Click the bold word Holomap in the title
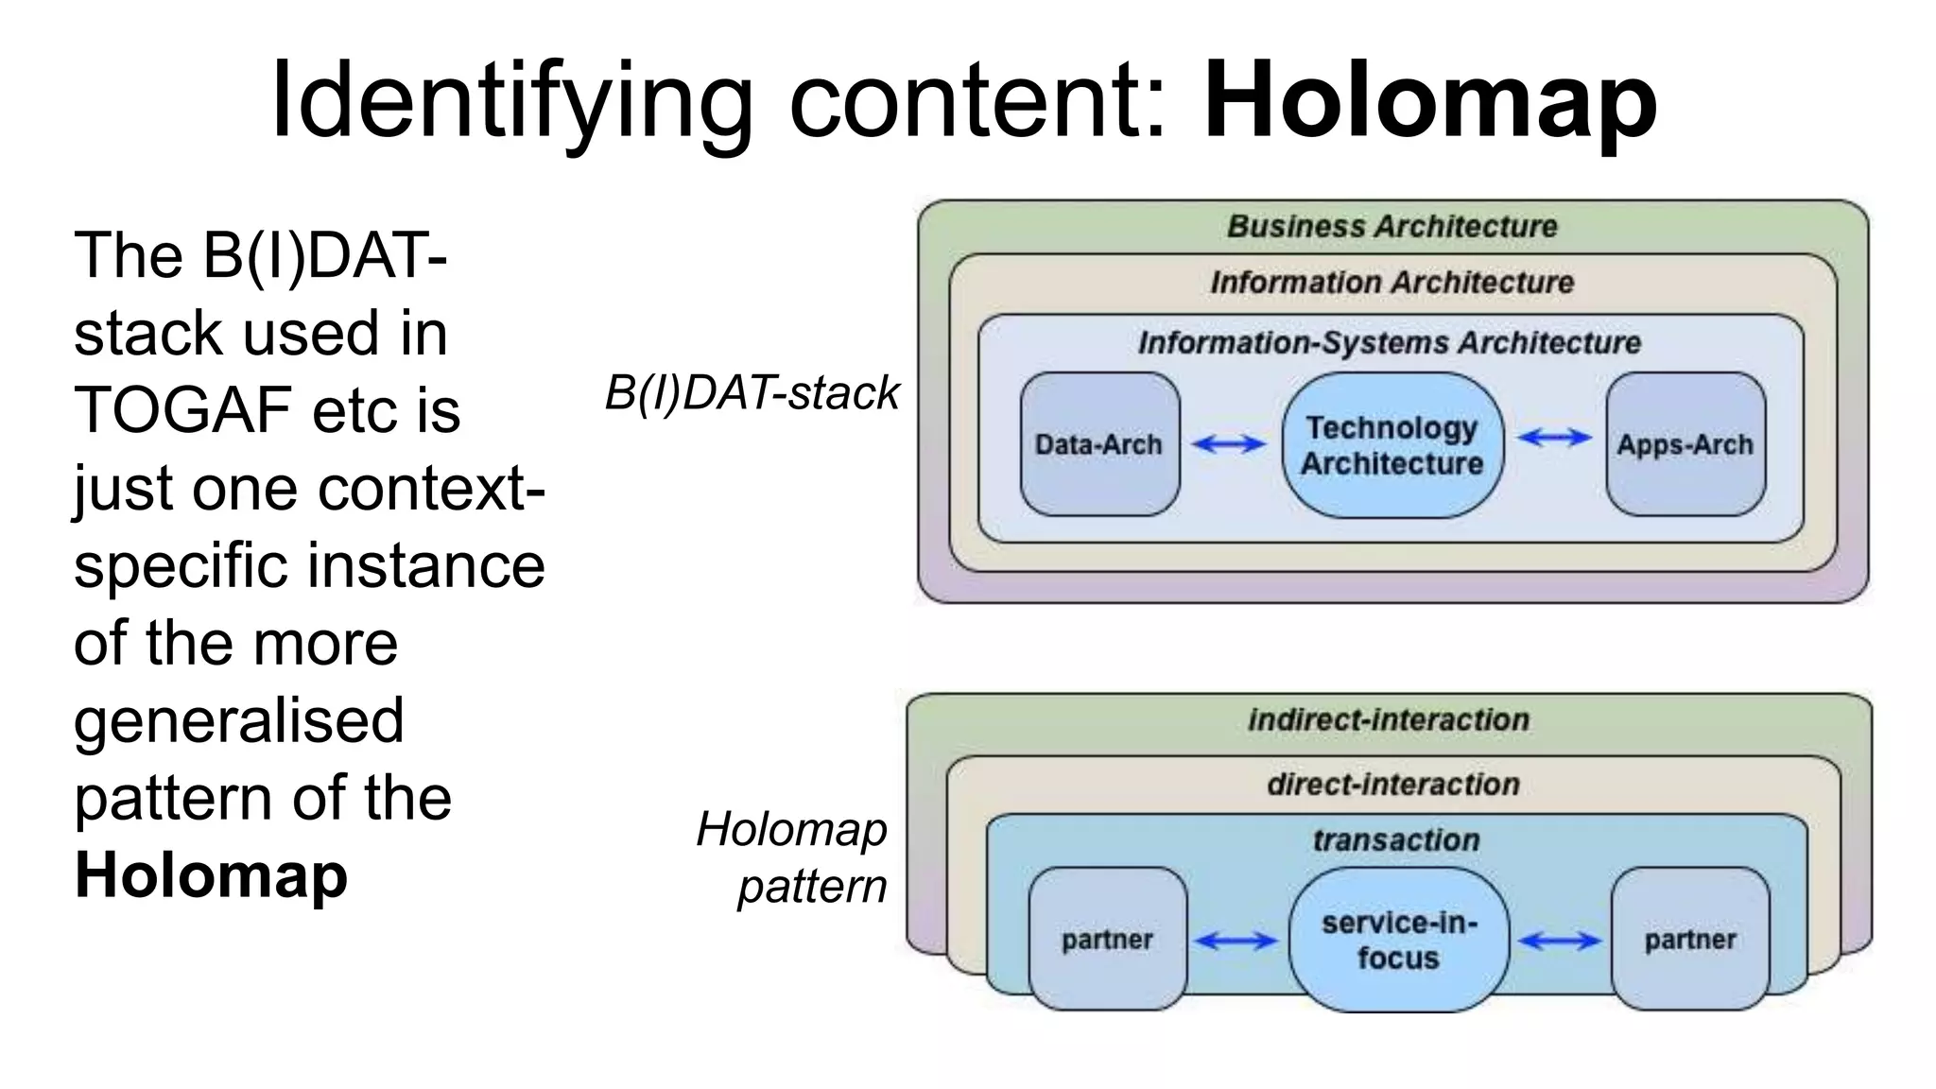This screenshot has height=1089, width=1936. pyautogui.click(x=1430, y=100)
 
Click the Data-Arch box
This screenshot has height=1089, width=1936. pyautogui.click(x=1099, y=444)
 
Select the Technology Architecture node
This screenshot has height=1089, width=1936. pyautogui.click(x=1391, y=445)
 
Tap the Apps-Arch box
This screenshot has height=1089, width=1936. pyautogui.click(x=1685, y=444)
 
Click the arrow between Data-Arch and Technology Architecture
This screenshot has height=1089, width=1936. pyautogui.click(x=1228, y=443)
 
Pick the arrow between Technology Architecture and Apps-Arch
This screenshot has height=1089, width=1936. pyautogui.click(x=1554, y=437)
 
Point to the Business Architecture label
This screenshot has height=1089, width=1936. pyautogui.click(x=1391, y=227)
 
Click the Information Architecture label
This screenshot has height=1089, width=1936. pyautogui.click(x=1391, y=282)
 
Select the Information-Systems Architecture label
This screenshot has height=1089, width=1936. pyautogui.click(x=1389, y=342)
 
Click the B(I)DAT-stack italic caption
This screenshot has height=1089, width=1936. pyautogui.click(x=752, y=392)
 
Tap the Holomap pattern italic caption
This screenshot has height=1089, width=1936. pyautogui.click(x=792, y=857)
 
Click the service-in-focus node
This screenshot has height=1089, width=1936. pyautogui.click(x=1398, y=941)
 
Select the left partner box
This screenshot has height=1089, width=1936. pyautogui.click(x=1107, y=940)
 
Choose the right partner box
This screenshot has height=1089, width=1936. pyautogui.click(x=1689, y=940)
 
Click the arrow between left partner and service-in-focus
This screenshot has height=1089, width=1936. pyautogui.click(x=1236, y=941)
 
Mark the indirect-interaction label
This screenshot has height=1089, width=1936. pyautogui.click(x=1388, y=719)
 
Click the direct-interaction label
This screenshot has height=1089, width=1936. pyautogui.click(x=1392, y=784)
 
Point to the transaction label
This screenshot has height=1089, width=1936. pyautogui.click(x=1395, y=839)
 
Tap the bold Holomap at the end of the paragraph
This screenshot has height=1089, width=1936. pyautogui.click(x=211, y=875)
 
